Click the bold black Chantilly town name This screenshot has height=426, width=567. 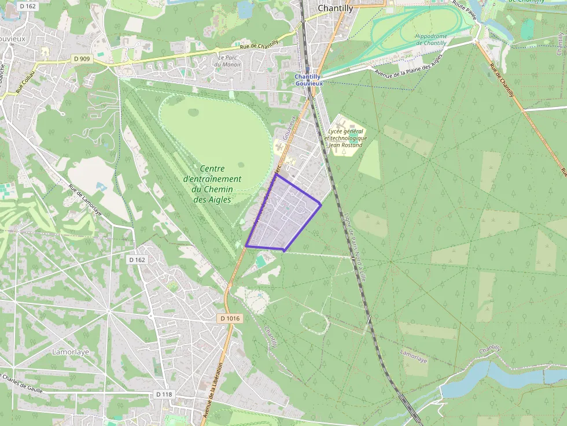(x=336, y=8)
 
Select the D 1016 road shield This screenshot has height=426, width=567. (x=230, y=318)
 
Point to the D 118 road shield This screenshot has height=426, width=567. (x=164, y=394)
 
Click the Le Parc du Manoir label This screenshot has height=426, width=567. (x=227, y=61)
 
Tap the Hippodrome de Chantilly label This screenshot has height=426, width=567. (x=431, y=39)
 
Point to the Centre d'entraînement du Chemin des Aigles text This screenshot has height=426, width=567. (x=212, y=184)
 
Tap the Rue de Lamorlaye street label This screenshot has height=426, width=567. (x=85, y=200)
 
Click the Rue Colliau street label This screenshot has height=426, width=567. (x=26, y=80)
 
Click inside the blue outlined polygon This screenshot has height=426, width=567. (x=283, y=217)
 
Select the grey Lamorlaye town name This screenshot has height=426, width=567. (x=70, y=351)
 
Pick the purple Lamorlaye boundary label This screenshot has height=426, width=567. (x=413, y=355)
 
